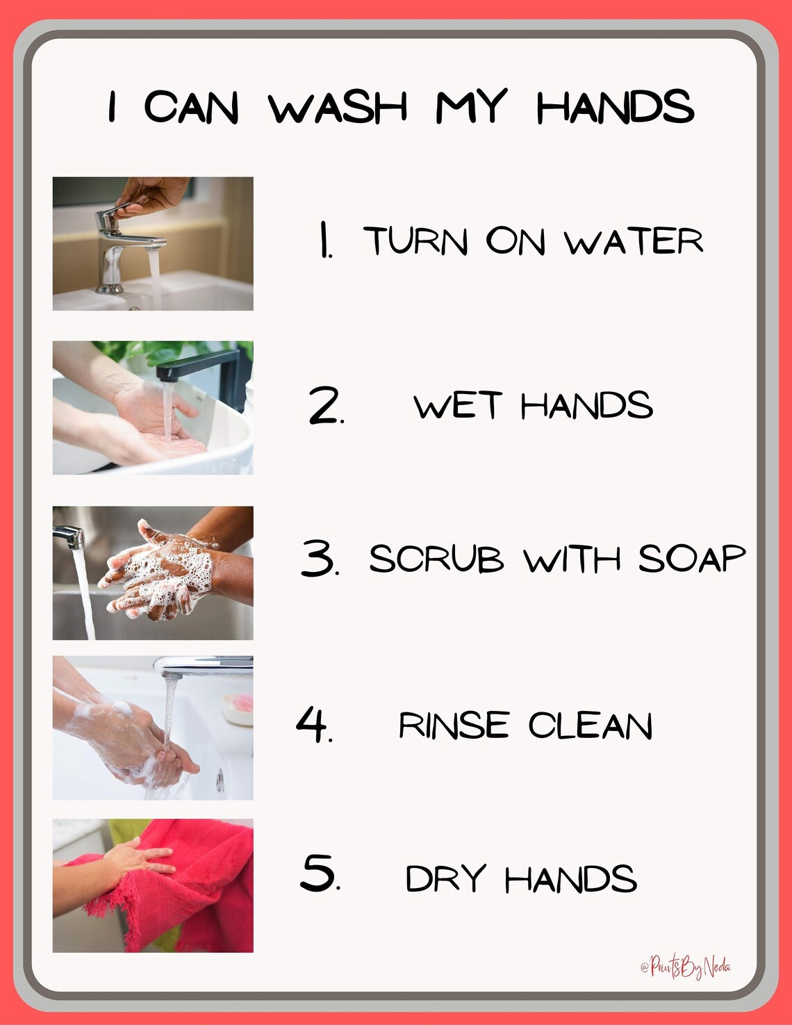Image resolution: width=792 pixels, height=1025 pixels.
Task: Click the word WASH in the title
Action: [338, 108]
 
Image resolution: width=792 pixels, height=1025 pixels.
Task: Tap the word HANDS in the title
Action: [615, 108]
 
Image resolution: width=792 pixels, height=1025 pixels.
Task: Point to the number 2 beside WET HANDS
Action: [325, 407]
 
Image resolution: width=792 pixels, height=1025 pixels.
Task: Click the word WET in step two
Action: [457, 406]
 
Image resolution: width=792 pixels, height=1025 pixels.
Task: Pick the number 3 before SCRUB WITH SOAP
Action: [319, 558]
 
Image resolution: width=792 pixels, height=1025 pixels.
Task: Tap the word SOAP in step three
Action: [691, 559]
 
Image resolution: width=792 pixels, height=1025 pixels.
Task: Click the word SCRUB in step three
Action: [436, 559]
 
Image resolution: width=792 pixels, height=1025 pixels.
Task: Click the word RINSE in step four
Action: [454, 725]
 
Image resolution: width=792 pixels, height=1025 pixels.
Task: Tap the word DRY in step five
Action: [445, 879]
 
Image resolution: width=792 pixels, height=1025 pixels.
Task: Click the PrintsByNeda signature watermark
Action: [686, 967]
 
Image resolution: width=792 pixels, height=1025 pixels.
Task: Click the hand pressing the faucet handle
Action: [156, 195]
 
